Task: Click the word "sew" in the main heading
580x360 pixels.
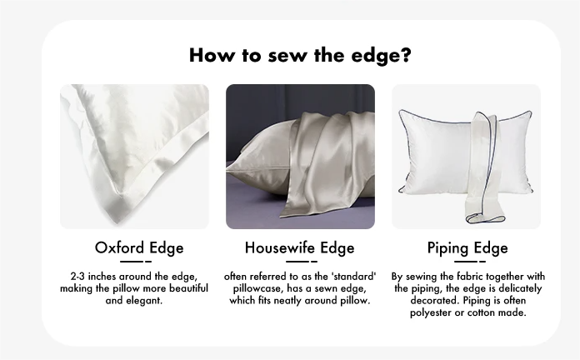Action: coord(287,55)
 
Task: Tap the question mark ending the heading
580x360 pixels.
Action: coord(406,55)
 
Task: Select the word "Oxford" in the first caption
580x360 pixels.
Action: coord(119,247)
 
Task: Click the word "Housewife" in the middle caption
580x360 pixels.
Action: coord(280,247)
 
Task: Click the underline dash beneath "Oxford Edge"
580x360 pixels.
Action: coord(135,262)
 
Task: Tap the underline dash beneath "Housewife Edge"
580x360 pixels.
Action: coord(302,262)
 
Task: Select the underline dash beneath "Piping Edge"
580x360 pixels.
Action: coord(470,262)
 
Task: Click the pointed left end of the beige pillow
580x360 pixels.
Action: coord(227,169)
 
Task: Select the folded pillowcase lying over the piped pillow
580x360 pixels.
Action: coord(485,167)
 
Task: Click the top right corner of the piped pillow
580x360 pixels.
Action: coord(530,112)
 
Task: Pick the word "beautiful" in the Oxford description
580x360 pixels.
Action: coord(188,288)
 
